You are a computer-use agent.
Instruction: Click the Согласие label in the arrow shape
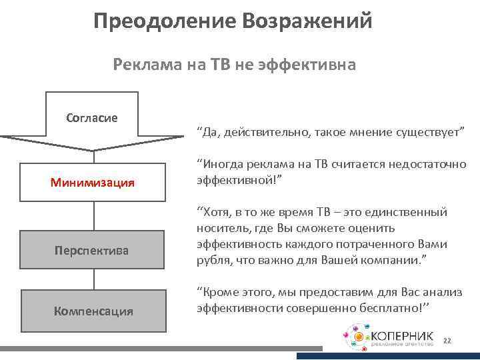[x=92, y=117]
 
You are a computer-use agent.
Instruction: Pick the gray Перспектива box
[x=92, y=251]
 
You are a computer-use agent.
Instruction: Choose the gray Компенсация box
[x=93, y=311]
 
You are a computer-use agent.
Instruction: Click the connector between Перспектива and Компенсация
[x=92, y=281]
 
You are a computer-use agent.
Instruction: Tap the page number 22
[x=447, y=341]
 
